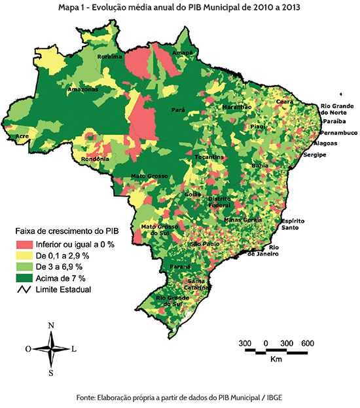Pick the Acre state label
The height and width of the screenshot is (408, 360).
click(22, 136)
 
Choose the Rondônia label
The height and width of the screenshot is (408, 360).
click(94, 159)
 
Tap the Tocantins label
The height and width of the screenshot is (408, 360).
click(209, 158)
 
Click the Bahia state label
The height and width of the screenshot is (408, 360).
click(259, 166)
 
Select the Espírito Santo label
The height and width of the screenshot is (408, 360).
click(291, 225)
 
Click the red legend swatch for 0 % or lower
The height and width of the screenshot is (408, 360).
click(25, 244)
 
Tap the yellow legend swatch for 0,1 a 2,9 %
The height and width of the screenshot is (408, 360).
click(25, 255)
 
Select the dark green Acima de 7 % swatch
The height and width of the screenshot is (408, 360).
click(25, 278)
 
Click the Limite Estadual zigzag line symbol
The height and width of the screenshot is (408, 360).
click(25, 289)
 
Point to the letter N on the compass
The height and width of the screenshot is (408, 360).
click(51, 325)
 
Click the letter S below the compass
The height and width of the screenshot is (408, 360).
click(51, 373)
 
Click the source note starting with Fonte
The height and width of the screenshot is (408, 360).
click(180, 398)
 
